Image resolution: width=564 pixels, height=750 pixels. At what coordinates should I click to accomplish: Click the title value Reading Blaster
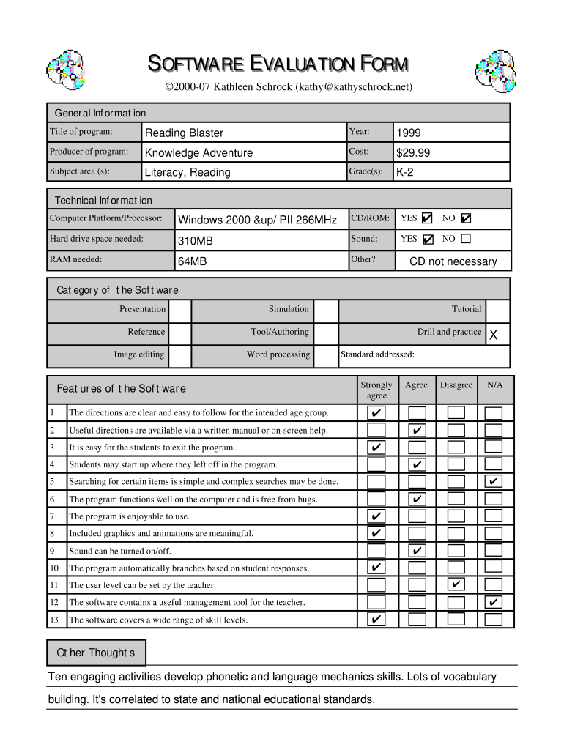[184, 133]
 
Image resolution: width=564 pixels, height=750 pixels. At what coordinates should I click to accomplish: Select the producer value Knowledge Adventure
[198, 152]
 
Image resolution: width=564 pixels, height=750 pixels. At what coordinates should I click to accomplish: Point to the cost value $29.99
[413, 152]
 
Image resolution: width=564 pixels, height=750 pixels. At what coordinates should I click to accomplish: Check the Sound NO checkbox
[466, 239]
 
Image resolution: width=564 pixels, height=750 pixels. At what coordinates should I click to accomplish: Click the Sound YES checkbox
[428, 239]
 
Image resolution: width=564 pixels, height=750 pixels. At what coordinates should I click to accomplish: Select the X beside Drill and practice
[493, 335]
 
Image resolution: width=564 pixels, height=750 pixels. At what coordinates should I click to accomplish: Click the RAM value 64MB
[193, 261]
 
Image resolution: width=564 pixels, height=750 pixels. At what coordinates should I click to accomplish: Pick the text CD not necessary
[453, 261]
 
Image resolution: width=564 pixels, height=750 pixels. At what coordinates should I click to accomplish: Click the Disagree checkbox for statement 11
[456, 584]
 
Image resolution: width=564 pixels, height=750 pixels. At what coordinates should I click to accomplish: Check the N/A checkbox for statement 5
[494, 481]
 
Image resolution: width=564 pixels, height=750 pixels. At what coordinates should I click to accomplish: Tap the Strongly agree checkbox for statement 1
[376, 413]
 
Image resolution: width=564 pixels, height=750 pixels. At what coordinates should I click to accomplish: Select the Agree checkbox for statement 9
[416, 550]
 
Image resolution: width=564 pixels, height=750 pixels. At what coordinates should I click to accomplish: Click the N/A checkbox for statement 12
[494, 602]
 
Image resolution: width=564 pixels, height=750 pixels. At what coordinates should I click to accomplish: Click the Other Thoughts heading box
[96, 653]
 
